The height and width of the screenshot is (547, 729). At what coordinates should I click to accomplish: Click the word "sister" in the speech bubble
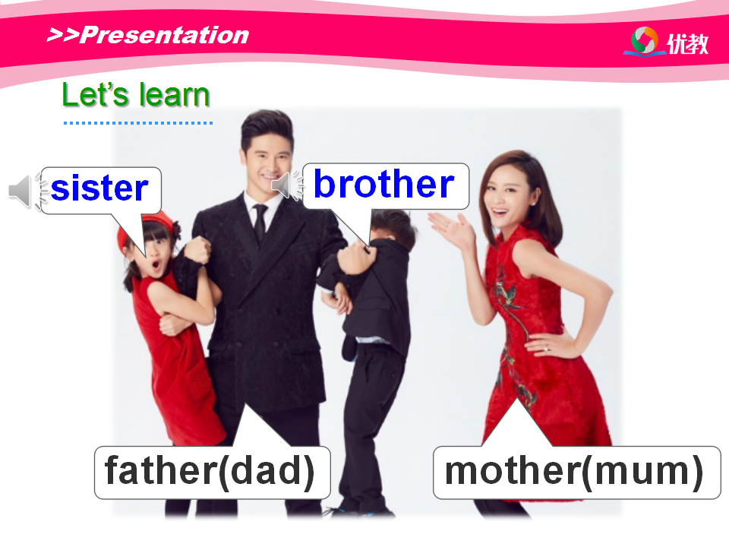pyautogui.click(x=99, y=188)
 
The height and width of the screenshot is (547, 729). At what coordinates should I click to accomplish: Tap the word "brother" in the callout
pyautogui.click(x=384, y=184)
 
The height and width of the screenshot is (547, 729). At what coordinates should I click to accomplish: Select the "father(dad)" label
pyautogui.click(x=210, y=472)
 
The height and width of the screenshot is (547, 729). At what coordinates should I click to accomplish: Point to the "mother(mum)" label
pyautogui.click(x=574, y=472)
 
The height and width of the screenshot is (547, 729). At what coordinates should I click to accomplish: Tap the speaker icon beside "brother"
pyautogui.click(x=287, y=185)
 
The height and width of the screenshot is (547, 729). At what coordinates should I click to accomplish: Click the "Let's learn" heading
pyautogui.click(x=136, y=95)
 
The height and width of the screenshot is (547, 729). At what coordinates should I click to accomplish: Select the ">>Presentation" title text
pyautogui.click(x=148, y=36)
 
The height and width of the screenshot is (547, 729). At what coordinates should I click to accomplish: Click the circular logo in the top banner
pyautogui.click(x=645, y=41)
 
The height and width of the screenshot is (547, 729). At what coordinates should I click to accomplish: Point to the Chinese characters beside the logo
pyautogui.click(x=688, y=44)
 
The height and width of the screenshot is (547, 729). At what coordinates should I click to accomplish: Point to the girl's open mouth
pyautogui.click(x=155, y=266)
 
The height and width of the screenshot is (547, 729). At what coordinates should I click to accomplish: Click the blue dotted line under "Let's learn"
pyautogui.click(x=138, y=123)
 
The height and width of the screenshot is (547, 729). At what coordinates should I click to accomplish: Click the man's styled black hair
pyautogui.click(x=267, y=125)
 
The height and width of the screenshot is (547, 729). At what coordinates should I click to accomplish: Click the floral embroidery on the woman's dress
pyautogui.click(x=511, y=326)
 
